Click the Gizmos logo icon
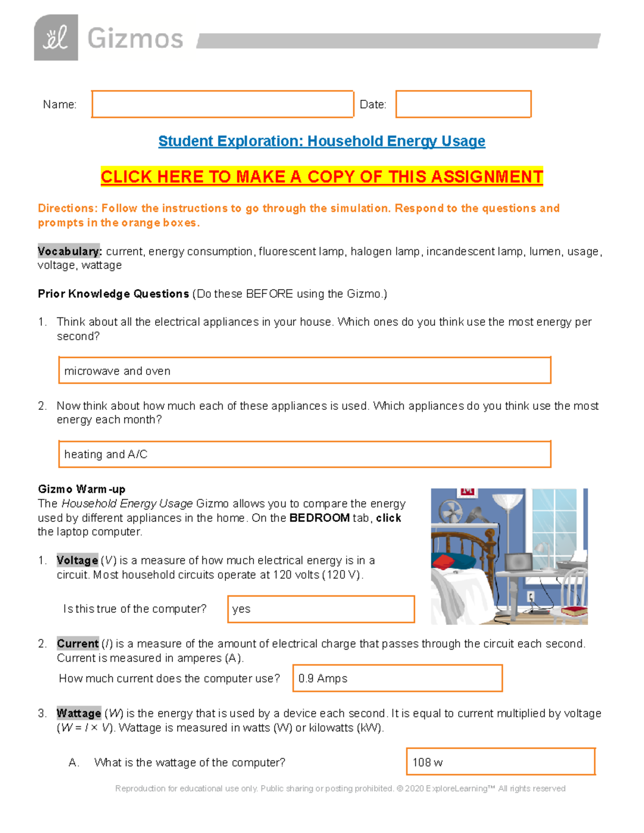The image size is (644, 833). (x=56, y=38)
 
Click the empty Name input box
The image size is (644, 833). (x=222, y=104)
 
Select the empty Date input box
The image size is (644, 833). (x=463, y=104)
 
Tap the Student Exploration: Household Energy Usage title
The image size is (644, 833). (x=321, y=141)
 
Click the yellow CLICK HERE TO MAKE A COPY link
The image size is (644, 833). (x=321, y=176)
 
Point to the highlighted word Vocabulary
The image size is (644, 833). (x=69, y=251)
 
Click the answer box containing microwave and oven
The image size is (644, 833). (x=304, y=371)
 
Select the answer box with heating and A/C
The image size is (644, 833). (x=304, y=454)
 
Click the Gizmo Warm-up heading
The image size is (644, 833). (x=82, y=489)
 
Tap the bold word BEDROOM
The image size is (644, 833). (x=319, y=518)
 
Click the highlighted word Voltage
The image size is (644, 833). (x=77, y=561)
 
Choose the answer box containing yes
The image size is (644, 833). (x=321, y=609)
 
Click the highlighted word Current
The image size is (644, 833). (x=78, y=644)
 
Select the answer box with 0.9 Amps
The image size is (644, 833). (x=397, y=678)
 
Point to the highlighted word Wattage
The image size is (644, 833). (x=79, y=713)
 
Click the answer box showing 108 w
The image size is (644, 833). (x=501, y=762)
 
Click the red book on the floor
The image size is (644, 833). (x=573, y=611)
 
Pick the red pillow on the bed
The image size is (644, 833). (x=444, y=562)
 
